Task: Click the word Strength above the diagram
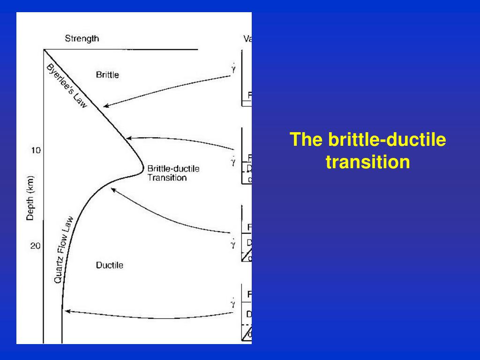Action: pyautogui.click(x=82, y=39)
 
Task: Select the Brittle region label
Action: pyautogui.click(x=107, y=75)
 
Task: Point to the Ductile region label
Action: pyautogui.click(x=110, y=265)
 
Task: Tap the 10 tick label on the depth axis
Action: pyautogui.click(x=36, y=150)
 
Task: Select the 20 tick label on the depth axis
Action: pyautogui.click(x=35, y=246)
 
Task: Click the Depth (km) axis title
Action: pyautogui.click(x=30, y=197)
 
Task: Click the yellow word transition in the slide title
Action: pyautogui.click(x=367, y=162)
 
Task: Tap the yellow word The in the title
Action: pyautogui.click(x=307, y=140)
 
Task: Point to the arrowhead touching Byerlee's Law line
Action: pyautogui.click(x=105, y=106)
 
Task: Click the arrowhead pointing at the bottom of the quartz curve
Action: pyautogui.click(x=66, y=311)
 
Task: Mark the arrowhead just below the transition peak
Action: pyautogui.click(x=112, y=189)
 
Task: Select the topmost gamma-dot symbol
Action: pyautogui.click(x=233, y=69)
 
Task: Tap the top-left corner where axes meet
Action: pyautogui.click(x=44, y=49)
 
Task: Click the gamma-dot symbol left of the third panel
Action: pyautogui.click(x=233, y=243)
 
